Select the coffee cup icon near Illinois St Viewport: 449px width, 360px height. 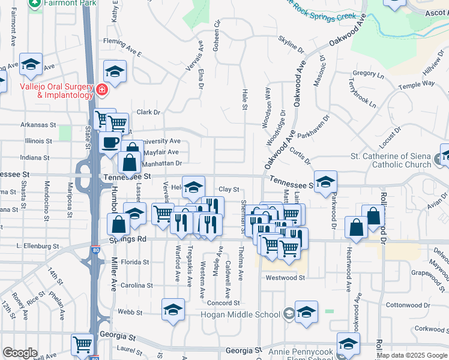click(x=109, y=143)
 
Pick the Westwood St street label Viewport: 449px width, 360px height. click(x=285, y=278)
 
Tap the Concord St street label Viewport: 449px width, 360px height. click(x=224, y=302)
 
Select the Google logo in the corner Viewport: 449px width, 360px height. click(x=20, y=353)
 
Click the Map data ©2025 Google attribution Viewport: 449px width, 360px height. click(x=411, y=355)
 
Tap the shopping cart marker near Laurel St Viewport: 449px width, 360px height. click(x=82, y=344)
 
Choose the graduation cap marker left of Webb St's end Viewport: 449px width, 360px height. click(x=173, y=310)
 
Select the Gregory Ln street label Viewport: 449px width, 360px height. click(x=368, y=74)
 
